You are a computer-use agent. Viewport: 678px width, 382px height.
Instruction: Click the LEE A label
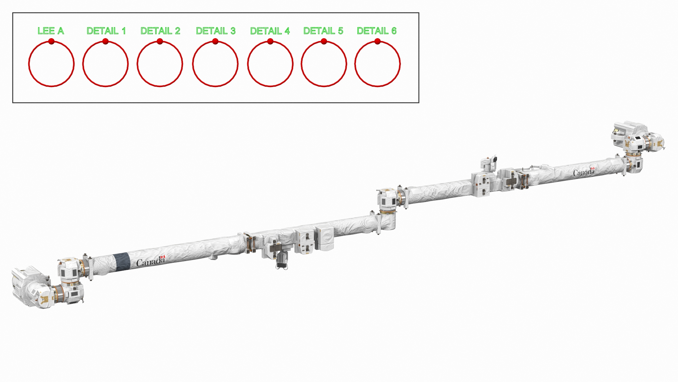(51, 31)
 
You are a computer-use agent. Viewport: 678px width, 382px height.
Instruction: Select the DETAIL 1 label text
(106, 31)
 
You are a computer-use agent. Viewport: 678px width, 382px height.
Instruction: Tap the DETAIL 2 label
(160, 31)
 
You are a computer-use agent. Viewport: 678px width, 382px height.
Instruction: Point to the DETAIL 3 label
(215, 31)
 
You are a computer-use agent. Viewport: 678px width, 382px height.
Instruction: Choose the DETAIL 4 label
(270, 31)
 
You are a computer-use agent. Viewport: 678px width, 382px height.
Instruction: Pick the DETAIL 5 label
(323, 31)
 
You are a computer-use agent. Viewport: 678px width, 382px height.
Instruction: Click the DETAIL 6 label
(376, 31)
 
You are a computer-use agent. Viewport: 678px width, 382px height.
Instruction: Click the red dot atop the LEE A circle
(51, 41)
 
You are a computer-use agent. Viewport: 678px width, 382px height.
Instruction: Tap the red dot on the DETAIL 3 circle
(215, 41)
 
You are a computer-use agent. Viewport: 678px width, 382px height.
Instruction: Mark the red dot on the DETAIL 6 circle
(377, 41)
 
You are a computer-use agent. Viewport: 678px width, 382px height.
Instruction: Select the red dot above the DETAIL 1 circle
(105, 41)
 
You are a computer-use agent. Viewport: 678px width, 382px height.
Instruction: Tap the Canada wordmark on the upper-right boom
(583, 172)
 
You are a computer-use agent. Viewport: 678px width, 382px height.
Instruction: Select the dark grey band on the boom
(122, 262)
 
